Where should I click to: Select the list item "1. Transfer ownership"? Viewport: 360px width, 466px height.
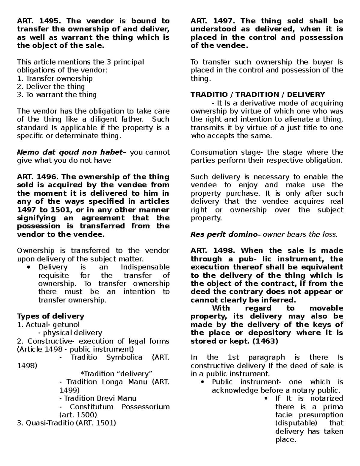pyautogui.click(x=55, y=79)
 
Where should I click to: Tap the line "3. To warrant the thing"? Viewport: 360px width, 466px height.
pyautogui.click(x=57, y=95)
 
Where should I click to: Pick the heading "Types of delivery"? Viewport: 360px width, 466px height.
pyautogui.click(x=51, y=316)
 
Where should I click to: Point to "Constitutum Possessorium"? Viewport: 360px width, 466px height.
pyautogui.click(x=120, y=407)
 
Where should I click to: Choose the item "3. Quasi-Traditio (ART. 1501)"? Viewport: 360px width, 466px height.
pyautogui.click(x=66, y=423)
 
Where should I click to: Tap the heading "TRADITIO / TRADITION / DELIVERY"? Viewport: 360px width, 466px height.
pyautogui.click(x=258, y=95)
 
